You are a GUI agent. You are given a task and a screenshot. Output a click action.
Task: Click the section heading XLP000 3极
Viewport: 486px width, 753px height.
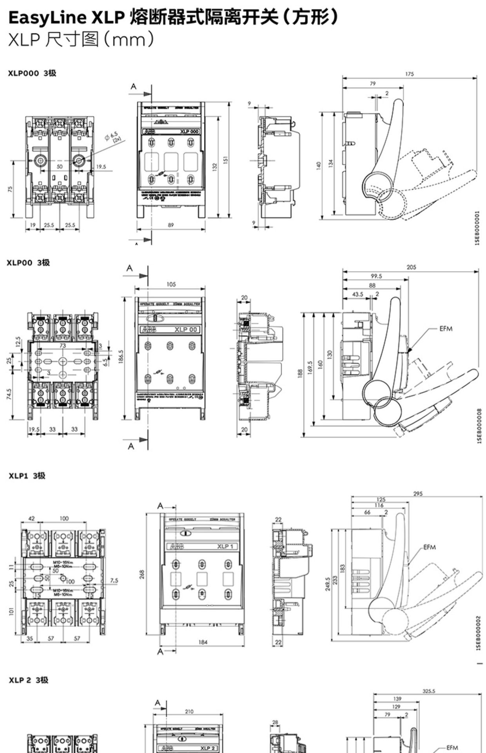click(33, 73)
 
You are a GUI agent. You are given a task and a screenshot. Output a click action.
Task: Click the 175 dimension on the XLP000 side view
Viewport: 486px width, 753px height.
click(409, 74)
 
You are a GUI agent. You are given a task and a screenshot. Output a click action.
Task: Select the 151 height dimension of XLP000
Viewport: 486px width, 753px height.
click(226, 161)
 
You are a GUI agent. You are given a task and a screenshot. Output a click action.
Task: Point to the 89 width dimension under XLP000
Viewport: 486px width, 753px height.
click(171, 225)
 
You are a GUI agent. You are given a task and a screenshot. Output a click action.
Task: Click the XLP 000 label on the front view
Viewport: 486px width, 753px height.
click(190, 131)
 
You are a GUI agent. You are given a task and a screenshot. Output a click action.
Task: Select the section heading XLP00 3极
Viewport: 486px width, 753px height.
click(28, 262)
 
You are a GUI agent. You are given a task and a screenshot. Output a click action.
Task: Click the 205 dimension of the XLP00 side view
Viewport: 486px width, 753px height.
click(411, 267)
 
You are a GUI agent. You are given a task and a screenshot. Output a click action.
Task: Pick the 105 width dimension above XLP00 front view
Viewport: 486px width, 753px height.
click(171, 284)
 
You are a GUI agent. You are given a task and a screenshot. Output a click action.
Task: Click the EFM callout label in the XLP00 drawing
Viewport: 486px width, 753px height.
click(446, 329)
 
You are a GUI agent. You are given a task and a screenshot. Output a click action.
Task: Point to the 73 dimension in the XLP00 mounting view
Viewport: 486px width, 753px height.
click(63, 346)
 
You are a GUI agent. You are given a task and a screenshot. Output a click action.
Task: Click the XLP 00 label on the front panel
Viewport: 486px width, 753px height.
click(186, 329)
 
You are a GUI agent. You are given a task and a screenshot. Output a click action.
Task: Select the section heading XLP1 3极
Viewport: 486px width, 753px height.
click(27, 475)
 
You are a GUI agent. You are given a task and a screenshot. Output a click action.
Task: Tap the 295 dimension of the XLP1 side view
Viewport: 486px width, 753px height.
click(418, 494)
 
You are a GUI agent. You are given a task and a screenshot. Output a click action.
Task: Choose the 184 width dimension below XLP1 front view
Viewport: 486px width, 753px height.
click(203, 642)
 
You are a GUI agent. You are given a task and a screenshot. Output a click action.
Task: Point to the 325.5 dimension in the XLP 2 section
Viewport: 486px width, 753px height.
click(429, 691)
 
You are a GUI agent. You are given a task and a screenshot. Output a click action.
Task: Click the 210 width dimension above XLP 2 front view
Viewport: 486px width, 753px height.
click(189, 711)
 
